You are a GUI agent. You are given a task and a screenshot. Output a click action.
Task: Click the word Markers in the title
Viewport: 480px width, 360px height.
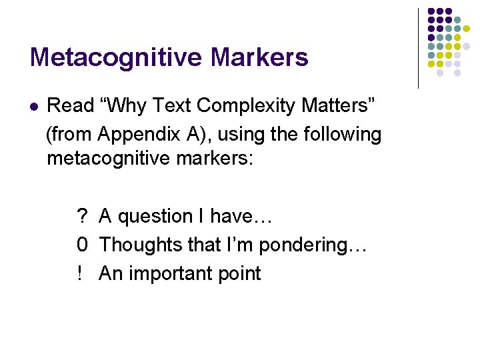pyautogui.click(x=259, y=57)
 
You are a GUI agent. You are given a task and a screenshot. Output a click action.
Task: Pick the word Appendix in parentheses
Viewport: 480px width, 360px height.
pyautogui.click(x=138, y=134)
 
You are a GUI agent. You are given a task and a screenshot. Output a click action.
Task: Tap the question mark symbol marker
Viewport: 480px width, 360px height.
pyautogui.click(x=83, y=216)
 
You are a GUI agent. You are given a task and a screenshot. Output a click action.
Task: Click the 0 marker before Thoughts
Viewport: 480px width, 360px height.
pyautogui.click(x=83, y=245)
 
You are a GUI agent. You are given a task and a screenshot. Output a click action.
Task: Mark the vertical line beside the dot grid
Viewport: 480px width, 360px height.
pyautogui.click(x=418, y=48)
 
